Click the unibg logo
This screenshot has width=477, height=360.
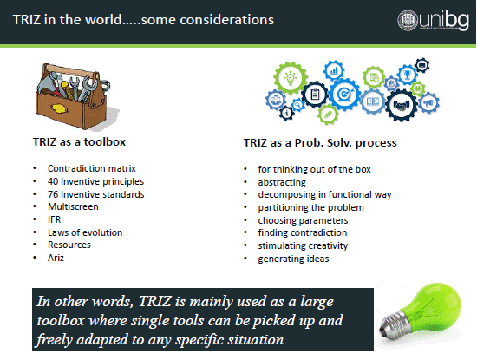pyautogui.click(x=433, y=21)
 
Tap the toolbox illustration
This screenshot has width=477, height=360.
pyautogui.click(x=76, y=96)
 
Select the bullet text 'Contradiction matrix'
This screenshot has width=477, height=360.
pyautogui.click(x=92, y=168)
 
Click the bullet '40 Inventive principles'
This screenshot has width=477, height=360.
pyautogui.click(x=95, y=181)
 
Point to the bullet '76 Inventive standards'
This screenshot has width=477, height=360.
pyautogui.click(x=95, y=194)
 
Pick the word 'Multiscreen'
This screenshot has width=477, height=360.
pyautogui.click(x=73, y=206)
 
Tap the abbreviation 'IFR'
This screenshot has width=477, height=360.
pyautogui.click(x=54, y=219)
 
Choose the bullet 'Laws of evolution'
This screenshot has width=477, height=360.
pyautogui.click(x=85, y=232)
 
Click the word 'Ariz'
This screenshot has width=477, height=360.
pyautogui.click(x=56, y=258)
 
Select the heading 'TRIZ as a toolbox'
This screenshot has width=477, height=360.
pyautogui.click(x=79, y=141)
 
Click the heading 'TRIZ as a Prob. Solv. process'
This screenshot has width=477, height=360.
pyautogui.click(x=320, y=143)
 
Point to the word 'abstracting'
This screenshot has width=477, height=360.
pyautogui.click(x=282, y=182)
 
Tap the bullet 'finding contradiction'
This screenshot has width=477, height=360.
pyautogui.click(x=303, y=232)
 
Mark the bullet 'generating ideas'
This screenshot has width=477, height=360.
pyautogui.click(x=293, y=259)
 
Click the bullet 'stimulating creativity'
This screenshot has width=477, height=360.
pyautogui.click(x=303, y=245)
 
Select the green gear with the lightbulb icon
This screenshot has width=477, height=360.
pyautogui.click(x=291, y=78)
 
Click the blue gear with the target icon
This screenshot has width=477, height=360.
pyautogui.click(x=345, y=94)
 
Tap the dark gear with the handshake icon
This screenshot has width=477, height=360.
pyautogui.click(x=402, y=105)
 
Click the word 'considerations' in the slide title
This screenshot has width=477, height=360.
pyautogui.click(x=226, y=20)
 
